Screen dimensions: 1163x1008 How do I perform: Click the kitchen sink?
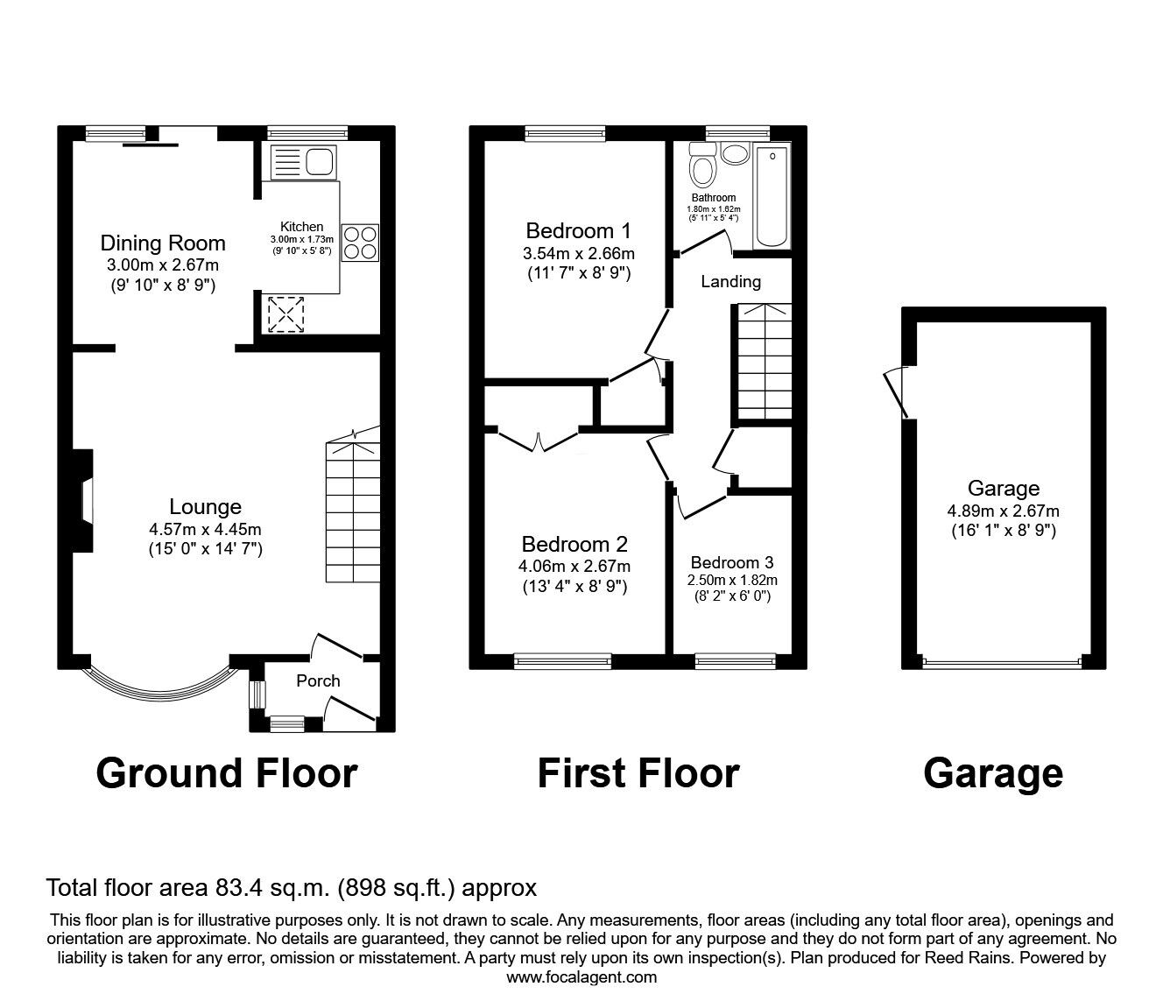pos(303,162)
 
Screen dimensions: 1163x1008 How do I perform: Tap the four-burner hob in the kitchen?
pos(360,243)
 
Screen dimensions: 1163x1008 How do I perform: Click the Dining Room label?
pos(163,243)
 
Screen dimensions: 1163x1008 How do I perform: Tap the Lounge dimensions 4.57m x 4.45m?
pos(206,529)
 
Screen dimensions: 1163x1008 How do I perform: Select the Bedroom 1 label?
pos(578,230)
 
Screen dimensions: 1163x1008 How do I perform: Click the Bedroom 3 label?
pos(732,562)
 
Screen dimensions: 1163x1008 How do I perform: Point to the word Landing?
pos(731,281)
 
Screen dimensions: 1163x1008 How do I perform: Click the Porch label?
pos(318,681)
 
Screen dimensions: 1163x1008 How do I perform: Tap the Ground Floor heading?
pos(227,773)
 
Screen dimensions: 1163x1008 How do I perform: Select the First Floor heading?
pos(638,773)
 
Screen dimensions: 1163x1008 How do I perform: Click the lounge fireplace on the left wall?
pos(83,500)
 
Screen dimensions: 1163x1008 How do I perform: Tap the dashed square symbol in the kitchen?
pos(285,314)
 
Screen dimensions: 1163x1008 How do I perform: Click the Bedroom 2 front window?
pos(562,660)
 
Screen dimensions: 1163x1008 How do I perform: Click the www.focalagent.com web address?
pos(581,977)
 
